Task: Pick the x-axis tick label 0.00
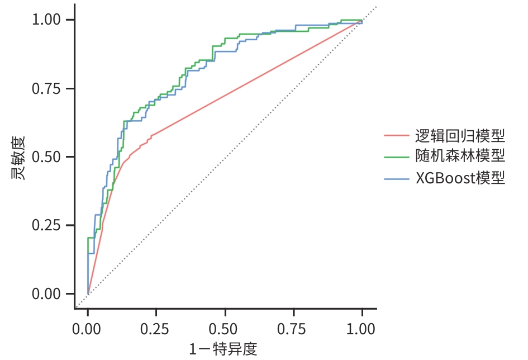(88, 329)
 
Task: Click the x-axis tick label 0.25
(156, 329)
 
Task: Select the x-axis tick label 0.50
(225, 329)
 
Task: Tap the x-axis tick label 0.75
(293, 329)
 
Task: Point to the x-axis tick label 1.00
(362, 329)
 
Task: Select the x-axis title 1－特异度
(223, 350)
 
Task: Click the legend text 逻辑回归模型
(460, 135)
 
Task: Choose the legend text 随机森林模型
(460, 157)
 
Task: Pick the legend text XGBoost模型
(460, 179)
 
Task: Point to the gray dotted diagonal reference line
(223, 158)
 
